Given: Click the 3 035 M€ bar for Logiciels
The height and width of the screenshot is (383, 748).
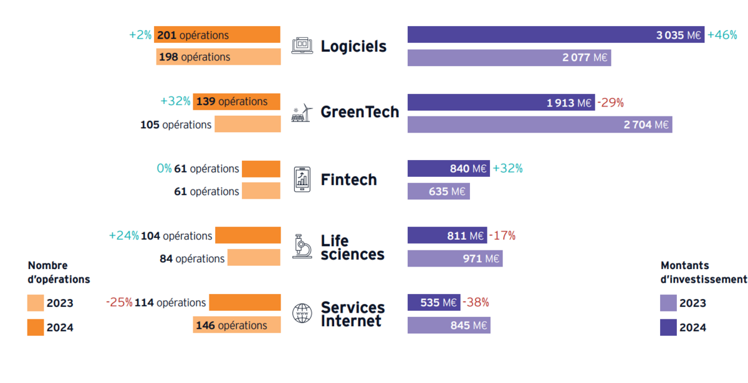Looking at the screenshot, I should coord(555,35).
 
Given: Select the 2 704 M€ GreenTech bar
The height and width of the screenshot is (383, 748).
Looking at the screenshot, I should coord(539,125).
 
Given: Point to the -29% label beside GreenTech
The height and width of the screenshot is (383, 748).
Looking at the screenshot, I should coord(610,102).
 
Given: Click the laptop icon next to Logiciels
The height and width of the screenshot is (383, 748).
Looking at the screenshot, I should coord(303,46).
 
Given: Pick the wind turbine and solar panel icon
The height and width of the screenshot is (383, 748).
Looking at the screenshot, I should coord(303,113).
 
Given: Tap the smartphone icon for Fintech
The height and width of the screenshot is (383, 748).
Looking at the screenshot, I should coord(302,179).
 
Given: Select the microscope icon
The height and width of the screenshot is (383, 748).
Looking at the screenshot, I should coord(302,246).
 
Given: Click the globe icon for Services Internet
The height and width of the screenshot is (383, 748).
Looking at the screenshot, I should coord(302,313).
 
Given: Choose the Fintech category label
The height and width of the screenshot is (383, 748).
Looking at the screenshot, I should coord(348,180).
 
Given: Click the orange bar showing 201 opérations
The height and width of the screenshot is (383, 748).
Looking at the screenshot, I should coord(218,35).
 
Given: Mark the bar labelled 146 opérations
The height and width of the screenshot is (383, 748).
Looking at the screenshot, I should coord(236,325).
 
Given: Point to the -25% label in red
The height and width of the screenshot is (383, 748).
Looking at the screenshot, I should coord(119,303).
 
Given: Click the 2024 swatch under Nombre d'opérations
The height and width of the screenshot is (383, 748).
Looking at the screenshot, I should coord(36,327).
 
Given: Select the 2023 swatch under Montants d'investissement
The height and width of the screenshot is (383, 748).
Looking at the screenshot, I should coord(668,303).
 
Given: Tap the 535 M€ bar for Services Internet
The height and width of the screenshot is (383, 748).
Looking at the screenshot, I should coord(434,303).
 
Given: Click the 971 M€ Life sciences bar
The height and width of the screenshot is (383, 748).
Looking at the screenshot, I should coord(455,258).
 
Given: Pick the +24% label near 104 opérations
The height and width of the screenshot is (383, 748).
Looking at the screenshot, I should coord(124,235).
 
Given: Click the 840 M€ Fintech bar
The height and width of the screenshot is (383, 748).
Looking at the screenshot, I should coord(448,169).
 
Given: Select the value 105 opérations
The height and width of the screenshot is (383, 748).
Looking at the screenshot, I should coord(176,125).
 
